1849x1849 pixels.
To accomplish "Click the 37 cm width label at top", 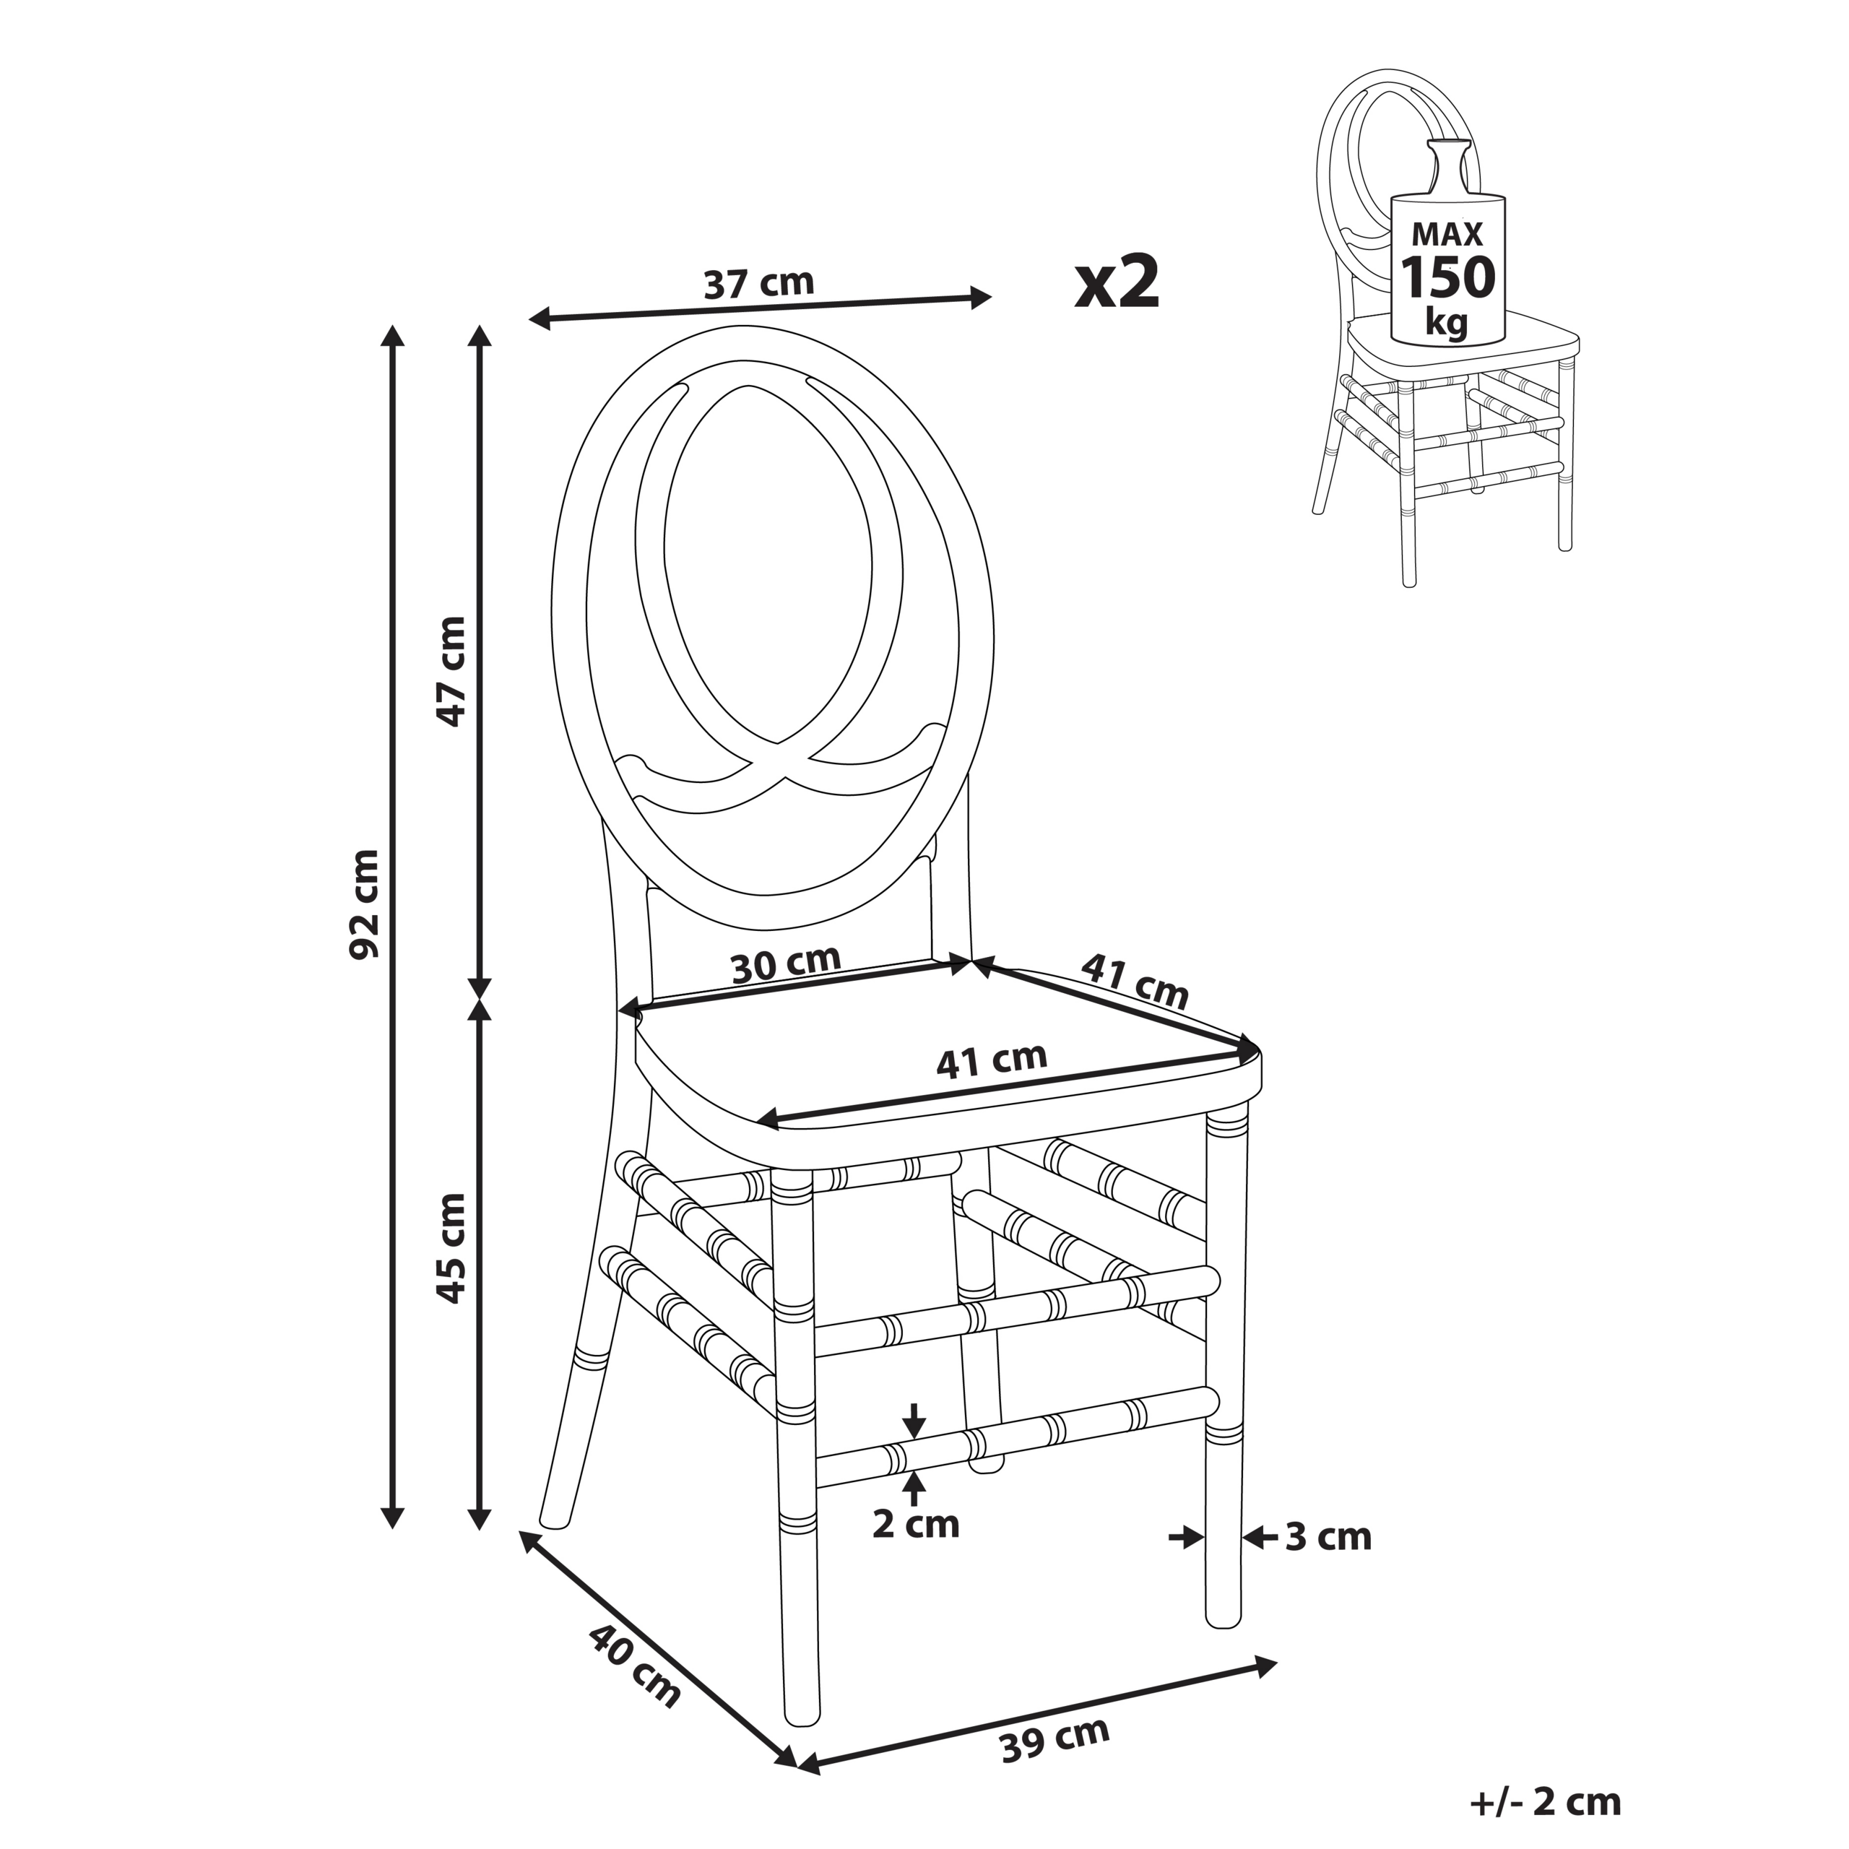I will click(758, 283).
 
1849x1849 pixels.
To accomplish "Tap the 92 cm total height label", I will click(365, 904).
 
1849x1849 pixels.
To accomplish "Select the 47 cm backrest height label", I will click(450, 670).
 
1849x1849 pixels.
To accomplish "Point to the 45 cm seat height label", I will click(450, 1248).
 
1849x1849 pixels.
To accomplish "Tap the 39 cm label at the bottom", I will click(1055, 1740).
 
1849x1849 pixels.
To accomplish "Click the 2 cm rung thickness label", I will click(915, 1525).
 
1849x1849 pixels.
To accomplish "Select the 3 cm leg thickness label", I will click(1328, 1537).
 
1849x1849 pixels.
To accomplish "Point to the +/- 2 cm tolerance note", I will click(1545, 1802).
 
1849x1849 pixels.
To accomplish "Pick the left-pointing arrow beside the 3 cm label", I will click(1260, 1538).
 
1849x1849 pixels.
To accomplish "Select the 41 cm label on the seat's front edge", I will click(992, 1060).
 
